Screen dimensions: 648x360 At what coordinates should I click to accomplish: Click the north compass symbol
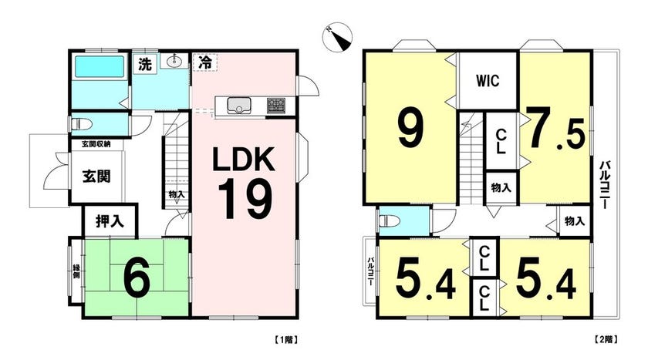click(337, 37)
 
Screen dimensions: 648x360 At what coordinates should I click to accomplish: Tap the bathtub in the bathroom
click(100, 66)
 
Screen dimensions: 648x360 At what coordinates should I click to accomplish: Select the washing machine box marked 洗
click(145, 64)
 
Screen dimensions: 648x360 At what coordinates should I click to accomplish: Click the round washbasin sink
click(176, 62)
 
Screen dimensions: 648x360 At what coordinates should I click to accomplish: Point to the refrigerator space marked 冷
click(205, 62)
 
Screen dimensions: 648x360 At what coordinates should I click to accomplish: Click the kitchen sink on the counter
click(238, 105)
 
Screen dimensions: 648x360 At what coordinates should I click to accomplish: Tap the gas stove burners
click(275, 106)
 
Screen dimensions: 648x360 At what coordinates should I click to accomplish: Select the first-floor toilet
click(79, 124)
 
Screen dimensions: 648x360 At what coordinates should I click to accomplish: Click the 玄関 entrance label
click(96, 177)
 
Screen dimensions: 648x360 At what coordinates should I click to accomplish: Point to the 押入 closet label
click(110, 221)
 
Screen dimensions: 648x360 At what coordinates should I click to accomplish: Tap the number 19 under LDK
click(245, 201)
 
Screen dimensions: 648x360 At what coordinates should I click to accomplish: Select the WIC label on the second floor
click(488, 80)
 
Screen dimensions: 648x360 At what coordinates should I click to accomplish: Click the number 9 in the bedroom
click(410, 130)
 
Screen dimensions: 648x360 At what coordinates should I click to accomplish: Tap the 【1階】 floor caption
click(285, 340)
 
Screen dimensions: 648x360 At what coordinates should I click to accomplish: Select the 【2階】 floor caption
click(606, 340)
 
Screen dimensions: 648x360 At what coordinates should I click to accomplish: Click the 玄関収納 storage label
click(96, 144)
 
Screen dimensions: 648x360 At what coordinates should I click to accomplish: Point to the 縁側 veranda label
click(76, 271)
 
